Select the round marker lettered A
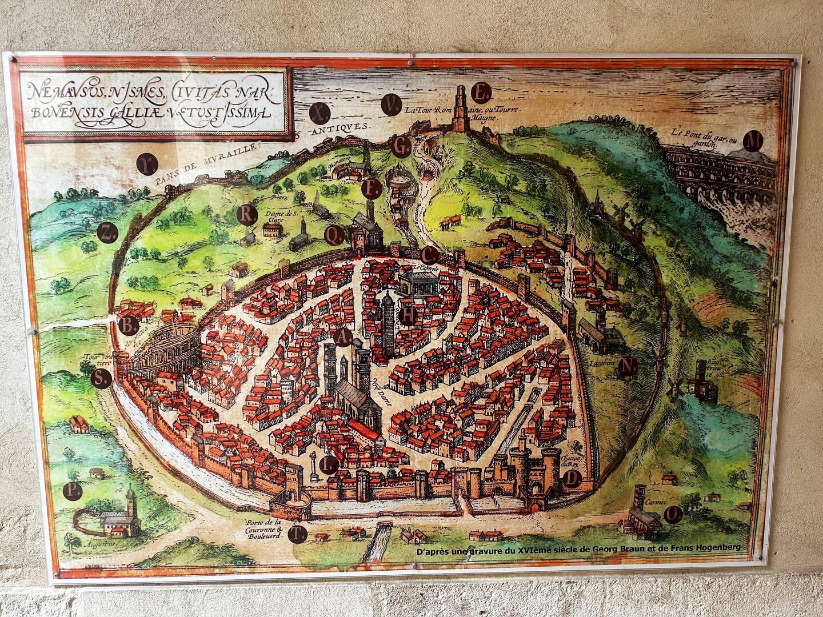[342, 338]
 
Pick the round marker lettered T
[297, 534]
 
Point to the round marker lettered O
[674, 514]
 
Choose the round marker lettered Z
[106, 232]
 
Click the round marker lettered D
[573, 479]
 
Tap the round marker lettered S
[101, 378]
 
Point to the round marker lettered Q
[333, 234]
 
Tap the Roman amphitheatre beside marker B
[166, 348]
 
